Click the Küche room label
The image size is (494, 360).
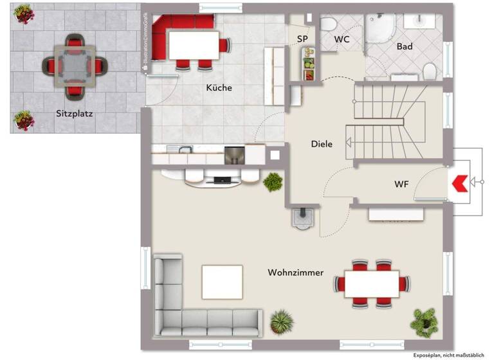click(219, 87)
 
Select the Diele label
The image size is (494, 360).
click(322, 144)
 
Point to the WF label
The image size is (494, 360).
click(401, 184)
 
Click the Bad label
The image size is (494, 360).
click(405, 46)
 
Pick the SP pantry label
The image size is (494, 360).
click(302, 39)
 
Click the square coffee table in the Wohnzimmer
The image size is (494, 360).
click(223, 282)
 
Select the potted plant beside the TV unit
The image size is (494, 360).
click(273, 182)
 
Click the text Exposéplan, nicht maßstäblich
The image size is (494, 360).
click(449, 354)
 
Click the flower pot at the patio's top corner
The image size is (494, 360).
click(24, 14)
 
